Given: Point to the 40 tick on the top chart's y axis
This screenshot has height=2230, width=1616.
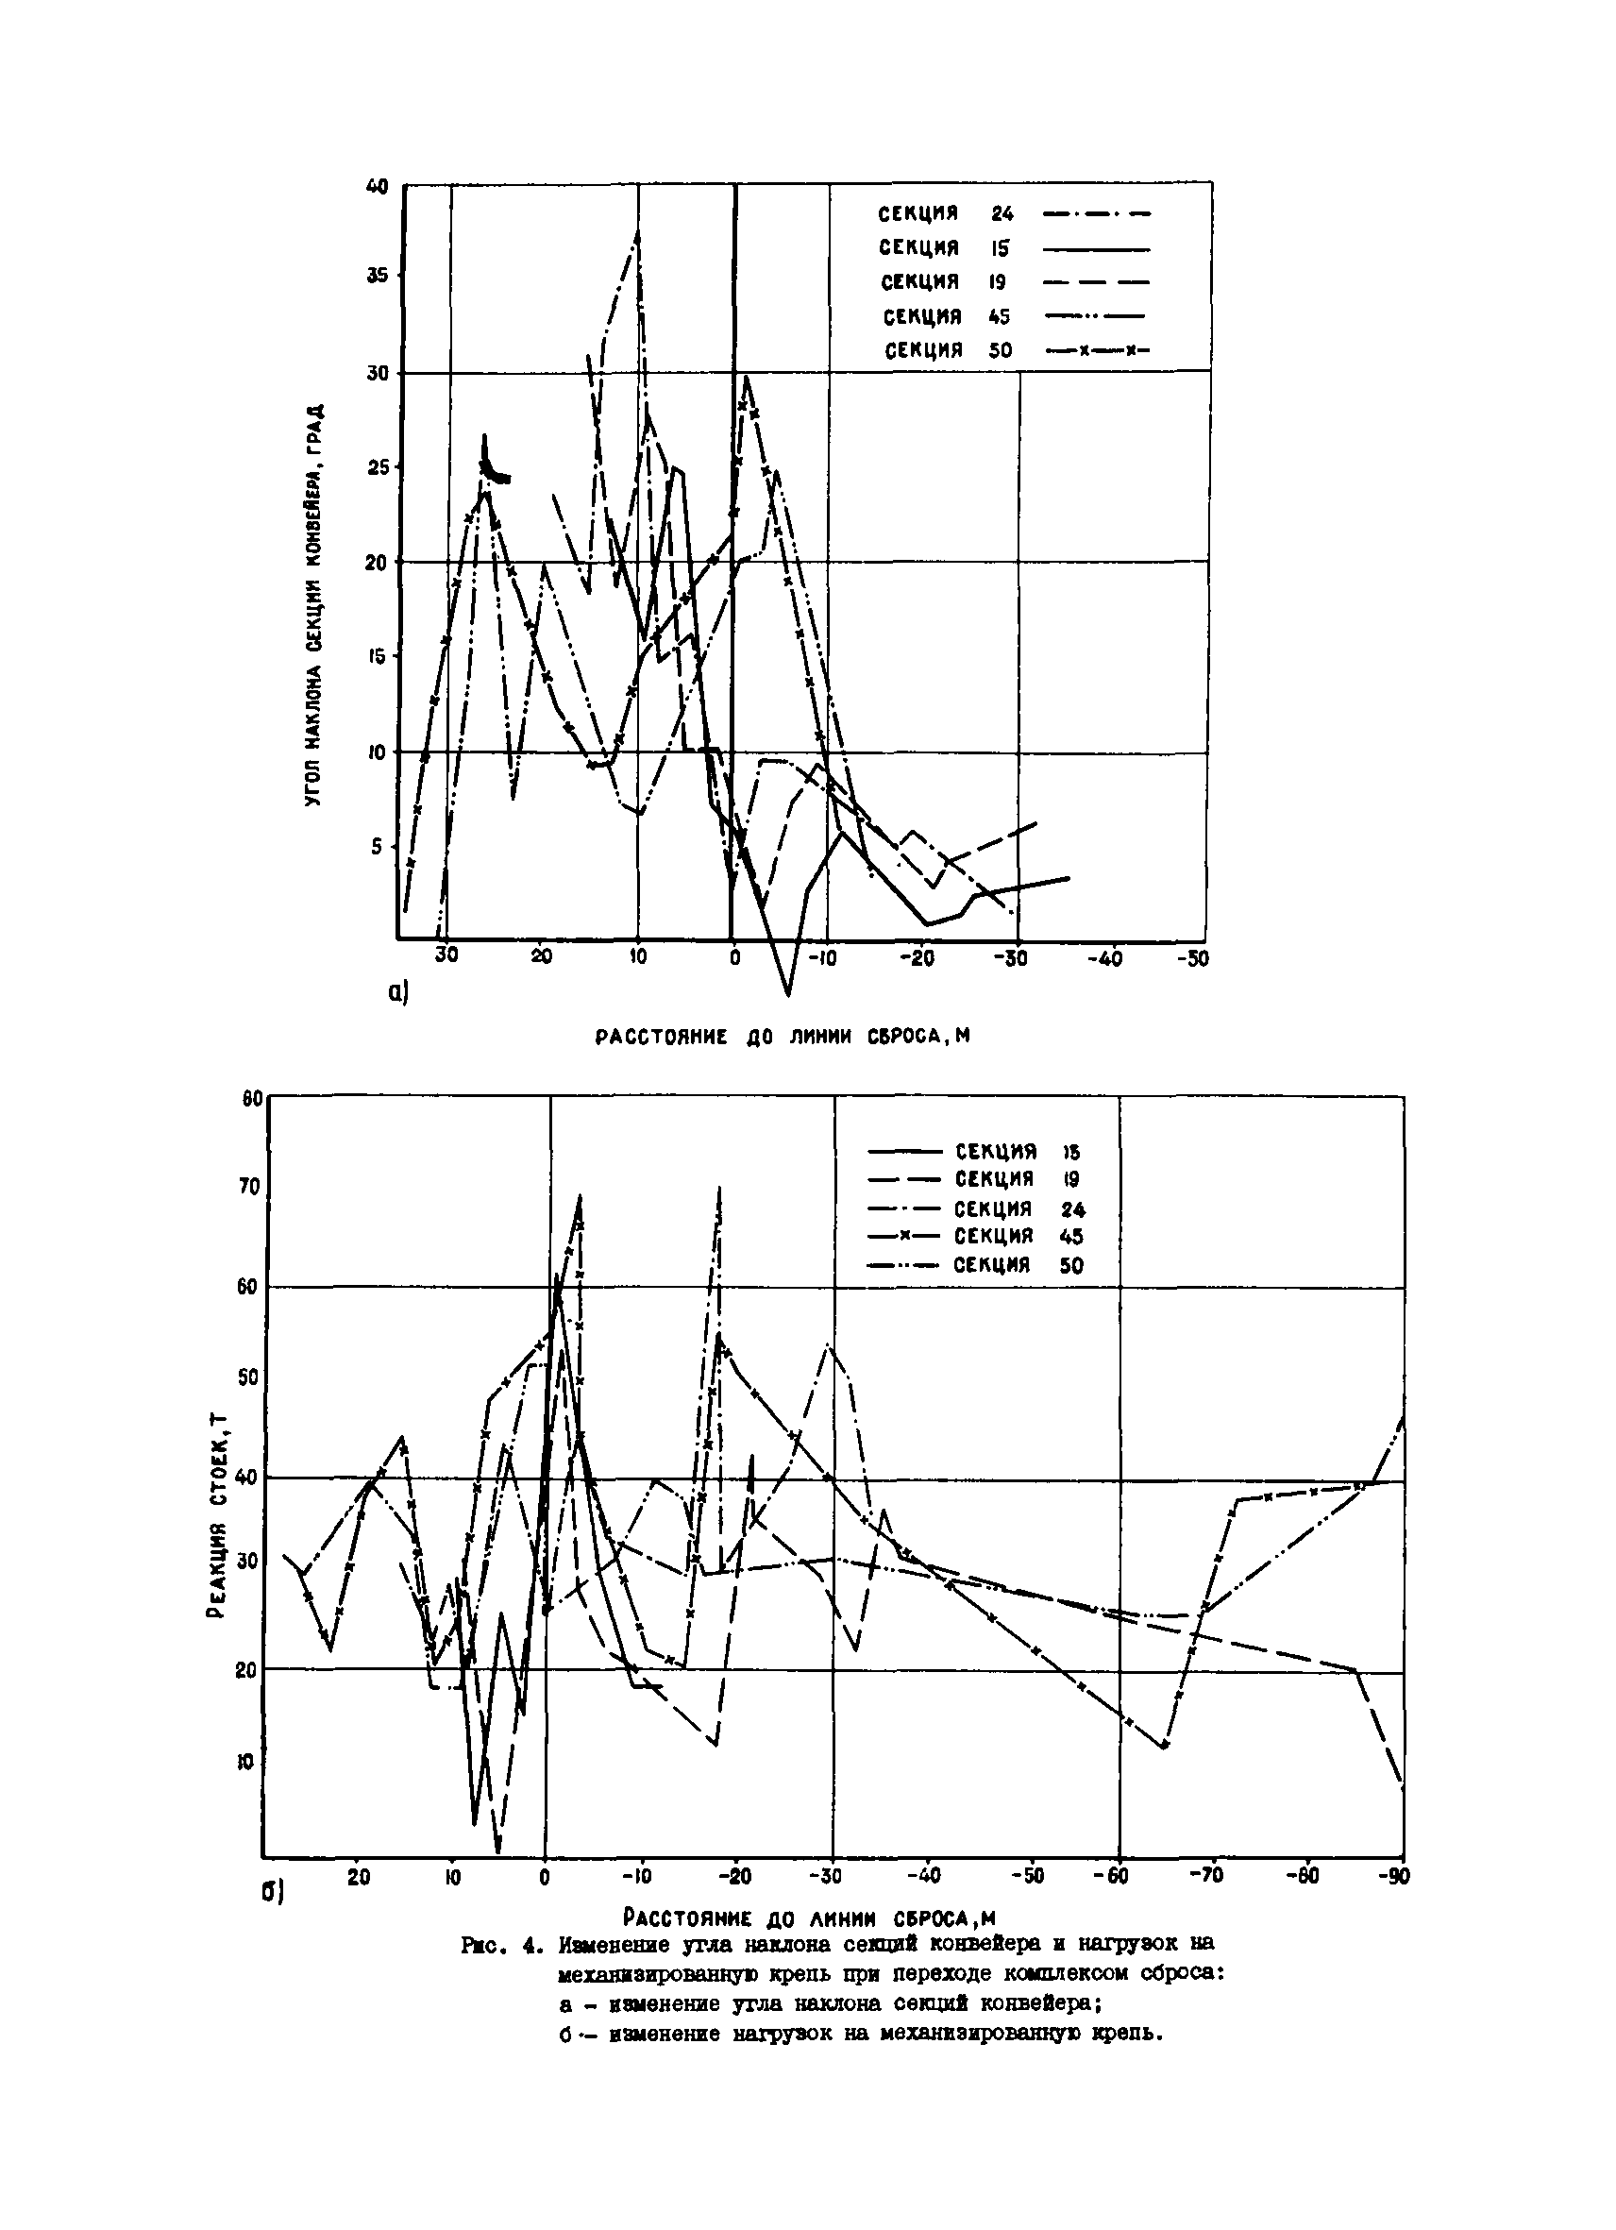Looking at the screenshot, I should [x=378, y=186].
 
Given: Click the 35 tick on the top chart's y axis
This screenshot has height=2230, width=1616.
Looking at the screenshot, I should [x=378, y=277].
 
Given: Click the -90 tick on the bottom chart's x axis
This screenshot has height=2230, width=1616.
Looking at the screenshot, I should [x=1394, y=1876].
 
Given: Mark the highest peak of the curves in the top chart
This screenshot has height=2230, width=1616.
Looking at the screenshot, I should [x=638, y=231].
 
